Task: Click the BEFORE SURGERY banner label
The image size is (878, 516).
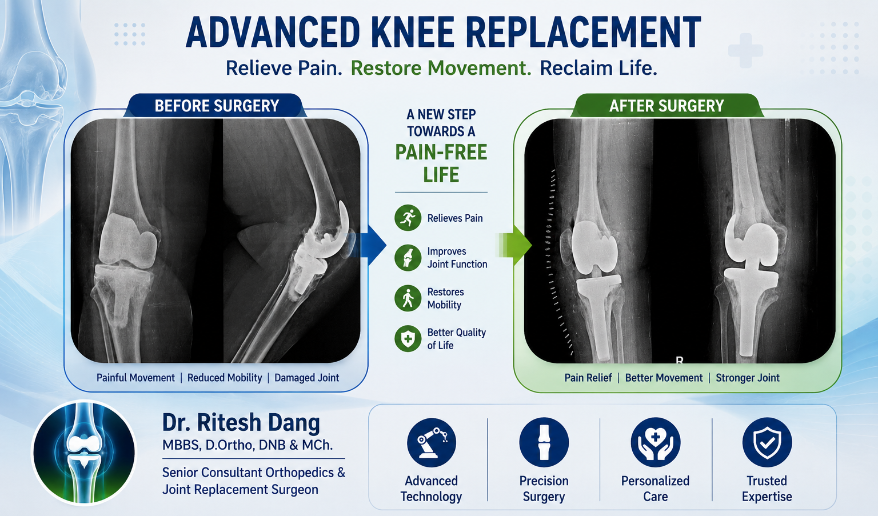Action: point(217,106)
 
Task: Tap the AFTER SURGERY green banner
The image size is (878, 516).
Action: point(667,106)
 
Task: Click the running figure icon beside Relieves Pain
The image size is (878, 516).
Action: point(408,218)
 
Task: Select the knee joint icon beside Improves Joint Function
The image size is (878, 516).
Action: point(408,258)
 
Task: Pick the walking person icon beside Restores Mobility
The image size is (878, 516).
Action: point(408,298)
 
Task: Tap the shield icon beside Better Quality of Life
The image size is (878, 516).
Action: point(408,338)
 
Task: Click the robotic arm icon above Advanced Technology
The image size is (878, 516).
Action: point(432,442)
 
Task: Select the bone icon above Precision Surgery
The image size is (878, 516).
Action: point(544,442)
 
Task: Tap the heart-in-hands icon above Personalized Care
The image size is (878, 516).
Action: point(656,442)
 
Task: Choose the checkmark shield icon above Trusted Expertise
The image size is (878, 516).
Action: point(767,442)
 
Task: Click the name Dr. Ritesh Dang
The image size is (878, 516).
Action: point(241,423)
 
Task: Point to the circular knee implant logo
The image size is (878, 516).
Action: point(84,453)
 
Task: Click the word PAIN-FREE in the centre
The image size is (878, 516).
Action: point(441,153)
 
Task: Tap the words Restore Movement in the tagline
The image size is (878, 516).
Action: point(441,68)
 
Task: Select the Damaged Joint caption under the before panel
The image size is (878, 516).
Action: point(306,378)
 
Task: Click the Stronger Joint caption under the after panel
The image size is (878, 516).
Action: point(748,378)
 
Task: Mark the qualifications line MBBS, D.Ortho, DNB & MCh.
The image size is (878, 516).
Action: point(248,445)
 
